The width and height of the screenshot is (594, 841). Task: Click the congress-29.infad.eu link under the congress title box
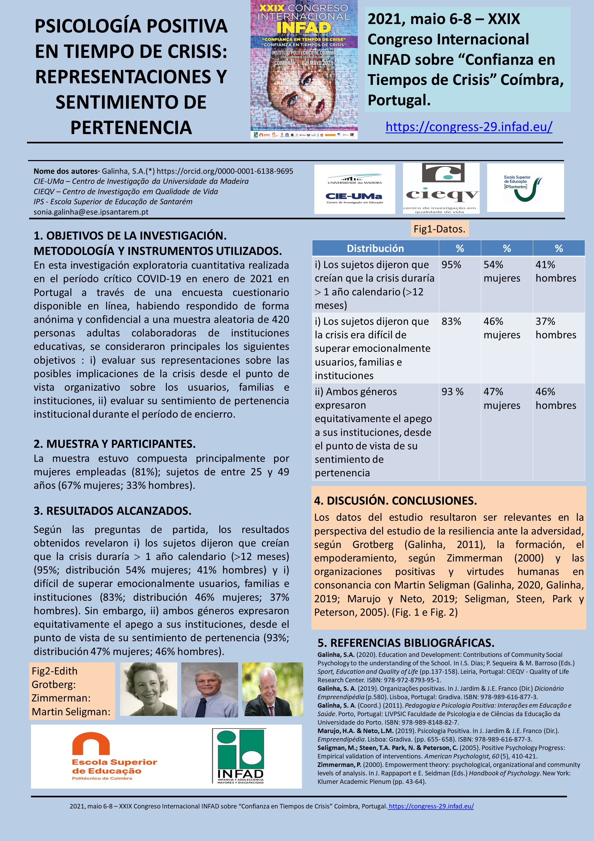[469, 127]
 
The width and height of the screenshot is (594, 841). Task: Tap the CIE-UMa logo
[354, 189]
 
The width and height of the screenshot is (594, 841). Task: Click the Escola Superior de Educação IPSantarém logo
[525, 188]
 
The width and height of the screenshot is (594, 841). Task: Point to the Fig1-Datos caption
[439, 229]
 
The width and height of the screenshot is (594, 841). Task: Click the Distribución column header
[375, 248]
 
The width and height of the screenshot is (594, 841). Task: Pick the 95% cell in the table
[451, 265]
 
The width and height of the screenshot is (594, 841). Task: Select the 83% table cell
[451, 322]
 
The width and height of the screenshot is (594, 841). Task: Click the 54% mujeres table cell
[502, 271]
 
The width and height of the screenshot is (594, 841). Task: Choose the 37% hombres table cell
[556, 328]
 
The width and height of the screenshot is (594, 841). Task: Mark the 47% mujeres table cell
[502, 398]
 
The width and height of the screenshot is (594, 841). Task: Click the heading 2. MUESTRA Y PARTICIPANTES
[115, 444]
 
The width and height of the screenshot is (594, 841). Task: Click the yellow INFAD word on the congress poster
[303, 28]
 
